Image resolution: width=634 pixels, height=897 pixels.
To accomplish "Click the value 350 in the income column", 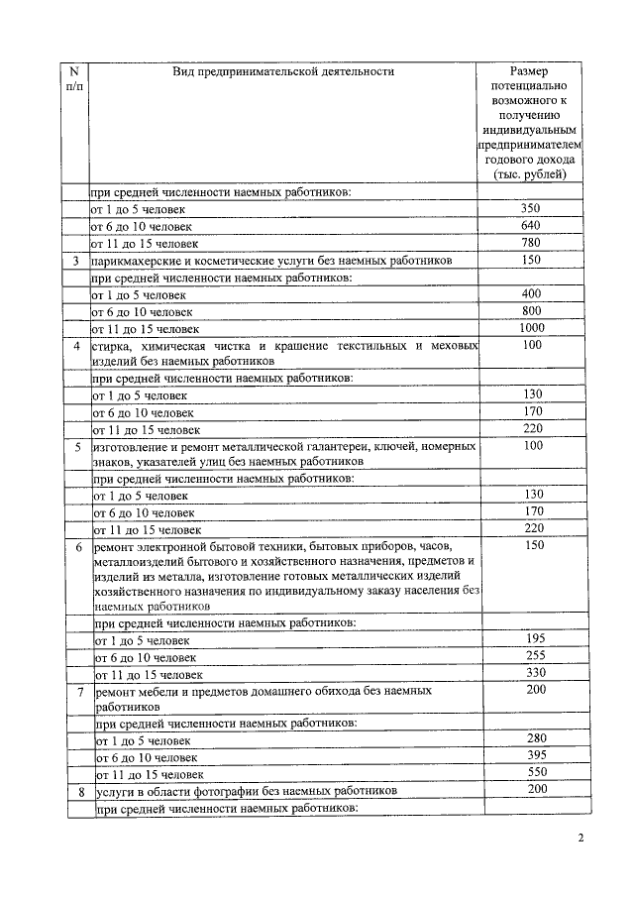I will [530, 208].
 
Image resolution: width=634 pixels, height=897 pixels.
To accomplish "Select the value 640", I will [530, 225].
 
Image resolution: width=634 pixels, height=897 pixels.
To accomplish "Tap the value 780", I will [530, 242].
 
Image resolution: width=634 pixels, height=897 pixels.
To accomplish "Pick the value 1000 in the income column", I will [532, 328].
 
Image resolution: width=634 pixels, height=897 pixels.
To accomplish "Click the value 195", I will [535, 639].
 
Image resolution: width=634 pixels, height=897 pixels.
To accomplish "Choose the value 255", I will [535, 656].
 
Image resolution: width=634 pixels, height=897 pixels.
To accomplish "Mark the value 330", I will [535, 673].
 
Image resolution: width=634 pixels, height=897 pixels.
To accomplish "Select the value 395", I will [537, 756].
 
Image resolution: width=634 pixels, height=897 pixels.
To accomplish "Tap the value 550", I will [537, 773].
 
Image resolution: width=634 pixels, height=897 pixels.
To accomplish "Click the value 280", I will [537, 739].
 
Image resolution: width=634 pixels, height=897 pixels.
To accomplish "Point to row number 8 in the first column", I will [79, 792].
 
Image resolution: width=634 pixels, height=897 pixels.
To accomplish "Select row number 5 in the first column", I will [77, 447].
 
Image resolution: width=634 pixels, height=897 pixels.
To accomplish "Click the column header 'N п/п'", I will [74, 79].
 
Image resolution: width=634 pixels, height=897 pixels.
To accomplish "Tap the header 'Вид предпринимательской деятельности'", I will [282, 71].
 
